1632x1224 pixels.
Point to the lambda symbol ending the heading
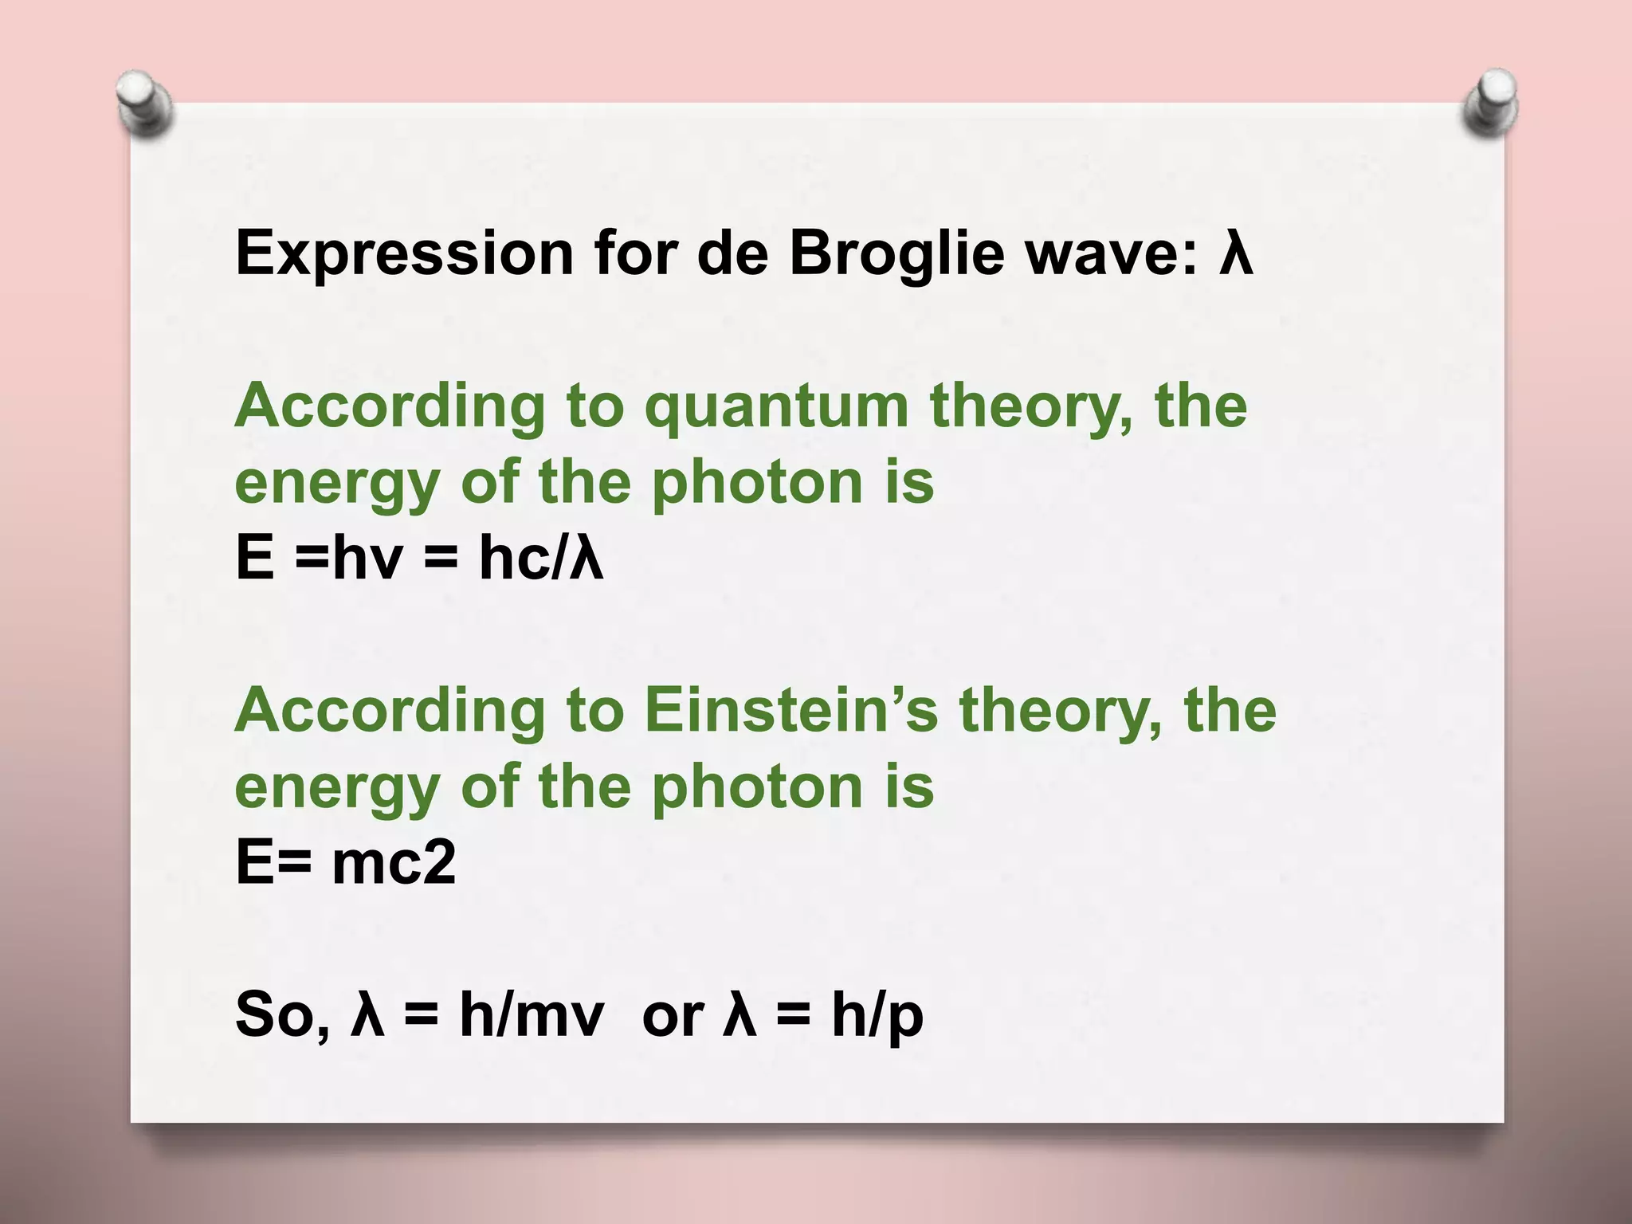(x=1236, y=253)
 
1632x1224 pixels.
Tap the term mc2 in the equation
(x=394, y=862)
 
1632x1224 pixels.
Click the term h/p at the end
(x=877, y=1015)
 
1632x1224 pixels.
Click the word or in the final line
(x=673, y=1015)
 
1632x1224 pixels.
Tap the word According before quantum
(x=390, y=406)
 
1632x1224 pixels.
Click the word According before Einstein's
(x=390, y=711)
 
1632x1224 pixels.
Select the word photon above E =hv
(x=758, y=484)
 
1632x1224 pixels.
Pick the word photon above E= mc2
(x=758, y=787)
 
